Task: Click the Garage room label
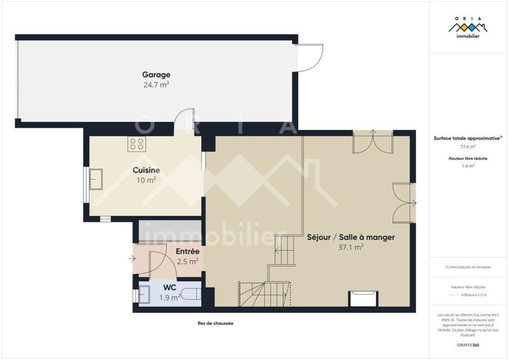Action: pos(156,74)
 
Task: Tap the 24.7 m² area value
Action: pos(156,85)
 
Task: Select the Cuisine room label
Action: pos(146,170)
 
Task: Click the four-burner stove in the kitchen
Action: pos(137,144)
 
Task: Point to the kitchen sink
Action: pos(97,179)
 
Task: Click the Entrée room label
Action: pos(188,252)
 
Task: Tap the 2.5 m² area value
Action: pos(188,261)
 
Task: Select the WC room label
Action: pos(169,287)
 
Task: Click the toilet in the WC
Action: pos(193,295)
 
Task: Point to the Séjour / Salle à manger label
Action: pos(351,237)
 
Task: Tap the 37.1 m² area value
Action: pos(351,247)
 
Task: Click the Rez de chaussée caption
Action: pos(216,323)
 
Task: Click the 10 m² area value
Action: pos(146,180)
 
